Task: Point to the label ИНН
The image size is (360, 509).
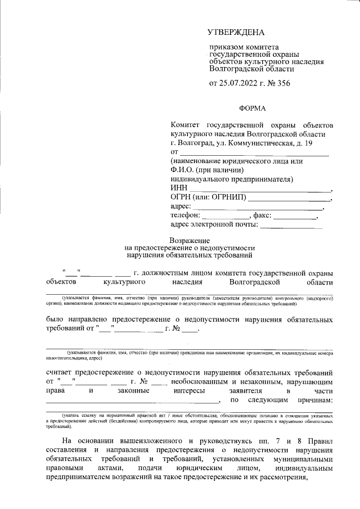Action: (x=178, y=188)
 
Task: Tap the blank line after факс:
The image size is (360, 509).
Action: (x=295, y=217)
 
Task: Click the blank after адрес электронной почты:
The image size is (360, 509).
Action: (x=291, y=227)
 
